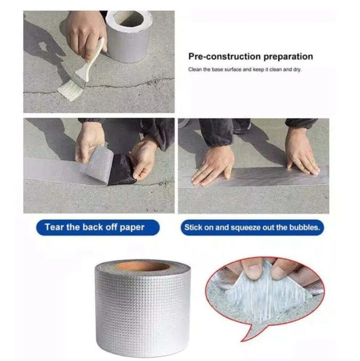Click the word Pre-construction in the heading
pyautogui.click(x=225, y=57)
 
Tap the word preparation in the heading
pyautogui.click(x=288, y=57)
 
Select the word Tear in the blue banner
pyautogui.click(x=54, y=227)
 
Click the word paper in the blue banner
pyautogui.click(x=132, y=228)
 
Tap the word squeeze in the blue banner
pyautogui.click(x=244, y=228)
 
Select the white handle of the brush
pyautogui.click(x=89, y=62)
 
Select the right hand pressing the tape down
pyautogui.click(x=301, y=152)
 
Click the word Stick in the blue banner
pyautogui.click(x=193, y=228)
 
